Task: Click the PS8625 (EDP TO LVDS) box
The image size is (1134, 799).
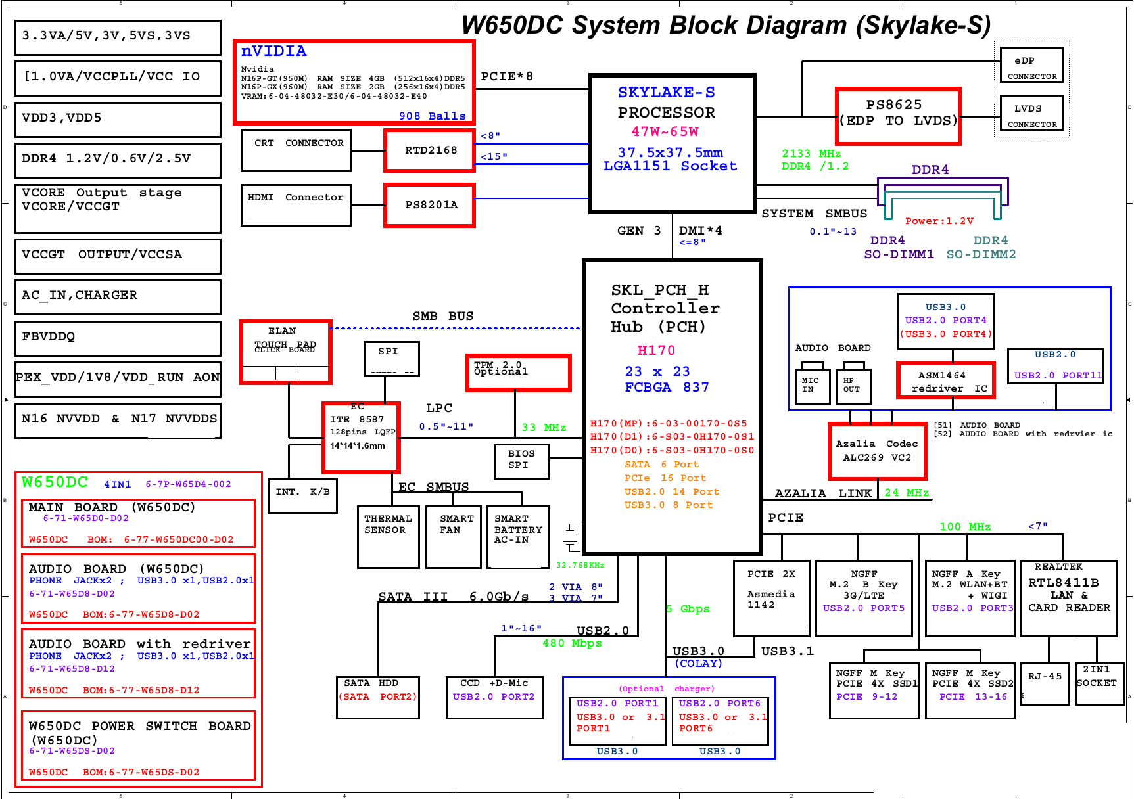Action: coord(898,116)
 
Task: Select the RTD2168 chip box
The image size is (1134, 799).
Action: coord(430,150)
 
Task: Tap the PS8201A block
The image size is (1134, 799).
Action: coord(430,205)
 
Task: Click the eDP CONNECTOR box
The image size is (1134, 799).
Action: coord(1031,65)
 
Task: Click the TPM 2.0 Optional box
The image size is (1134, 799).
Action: coord(518,373)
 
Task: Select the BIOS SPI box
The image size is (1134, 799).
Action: coord(521,461)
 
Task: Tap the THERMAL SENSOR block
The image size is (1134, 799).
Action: coord(389,536)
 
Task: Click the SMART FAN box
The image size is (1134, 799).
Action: coord(454,536)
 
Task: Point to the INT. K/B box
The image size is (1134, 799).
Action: coord(302,495)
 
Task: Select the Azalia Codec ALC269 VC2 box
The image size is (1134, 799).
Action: coord(877,451)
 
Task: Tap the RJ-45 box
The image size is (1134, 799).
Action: coord(1045,683)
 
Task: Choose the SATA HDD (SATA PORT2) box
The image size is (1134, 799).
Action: coord(378,697)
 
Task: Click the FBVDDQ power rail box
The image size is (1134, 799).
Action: coord(118,338)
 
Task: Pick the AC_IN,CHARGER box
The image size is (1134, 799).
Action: coord(118,296)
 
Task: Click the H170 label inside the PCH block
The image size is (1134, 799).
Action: coord(656,350)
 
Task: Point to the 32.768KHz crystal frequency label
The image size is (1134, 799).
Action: coord(580,565)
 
